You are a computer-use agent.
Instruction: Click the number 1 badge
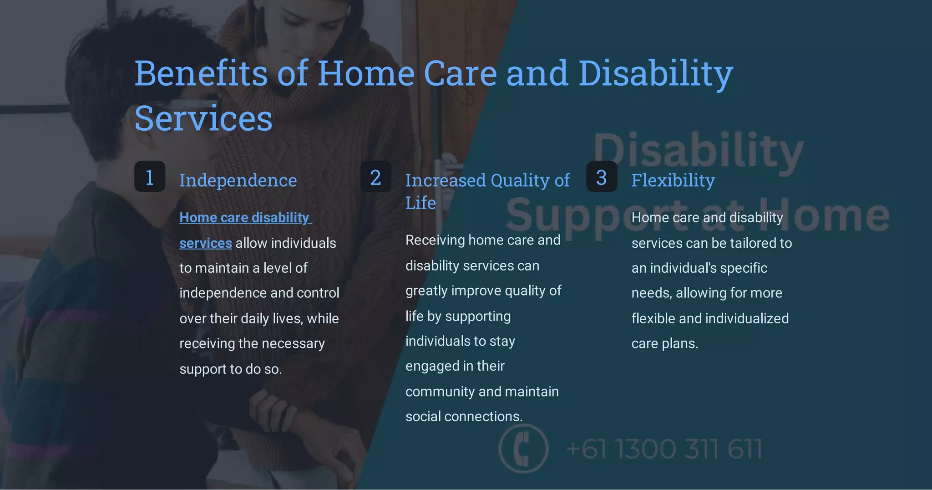coord(150,177)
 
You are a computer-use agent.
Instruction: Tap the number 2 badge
coord(375,177)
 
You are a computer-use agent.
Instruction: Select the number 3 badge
coord(602,177)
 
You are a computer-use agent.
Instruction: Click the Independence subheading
coord(238,180)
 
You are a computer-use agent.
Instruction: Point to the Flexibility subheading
coord(673,180)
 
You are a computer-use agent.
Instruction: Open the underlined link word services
coord(206,243)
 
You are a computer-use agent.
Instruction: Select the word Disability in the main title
coord(655,73)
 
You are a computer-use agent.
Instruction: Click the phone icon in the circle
coord(523,449)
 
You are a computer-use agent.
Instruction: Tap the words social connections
coord(464,417)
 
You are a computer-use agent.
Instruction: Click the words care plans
coord(664,343)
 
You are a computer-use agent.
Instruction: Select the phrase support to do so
coord(231,369)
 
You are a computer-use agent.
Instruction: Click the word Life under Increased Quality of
coord(420,203)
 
